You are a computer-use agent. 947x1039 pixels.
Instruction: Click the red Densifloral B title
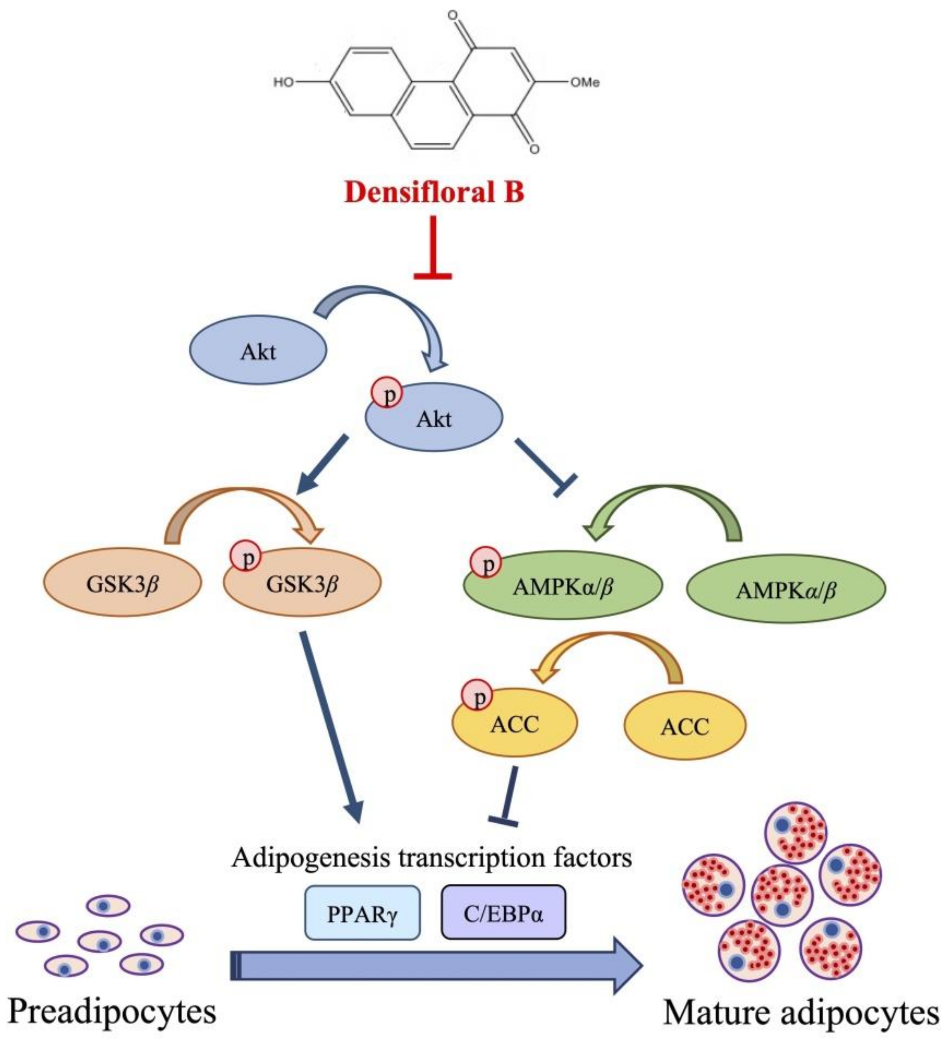434,192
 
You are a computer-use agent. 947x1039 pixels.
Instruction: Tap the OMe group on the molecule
584,82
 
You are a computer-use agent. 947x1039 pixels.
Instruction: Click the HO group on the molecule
283,82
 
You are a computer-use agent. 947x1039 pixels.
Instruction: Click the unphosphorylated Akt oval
258,351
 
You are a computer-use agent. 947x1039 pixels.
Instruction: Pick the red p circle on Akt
387,394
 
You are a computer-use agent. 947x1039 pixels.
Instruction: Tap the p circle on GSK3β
246,556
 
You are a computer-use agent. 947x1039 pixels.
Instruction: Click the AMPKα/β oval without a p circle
786,589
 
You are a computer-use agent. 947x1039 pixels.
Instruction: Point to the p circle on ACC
477,696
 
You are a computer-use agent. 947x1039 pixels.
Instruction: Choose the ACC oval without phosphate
685,727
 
